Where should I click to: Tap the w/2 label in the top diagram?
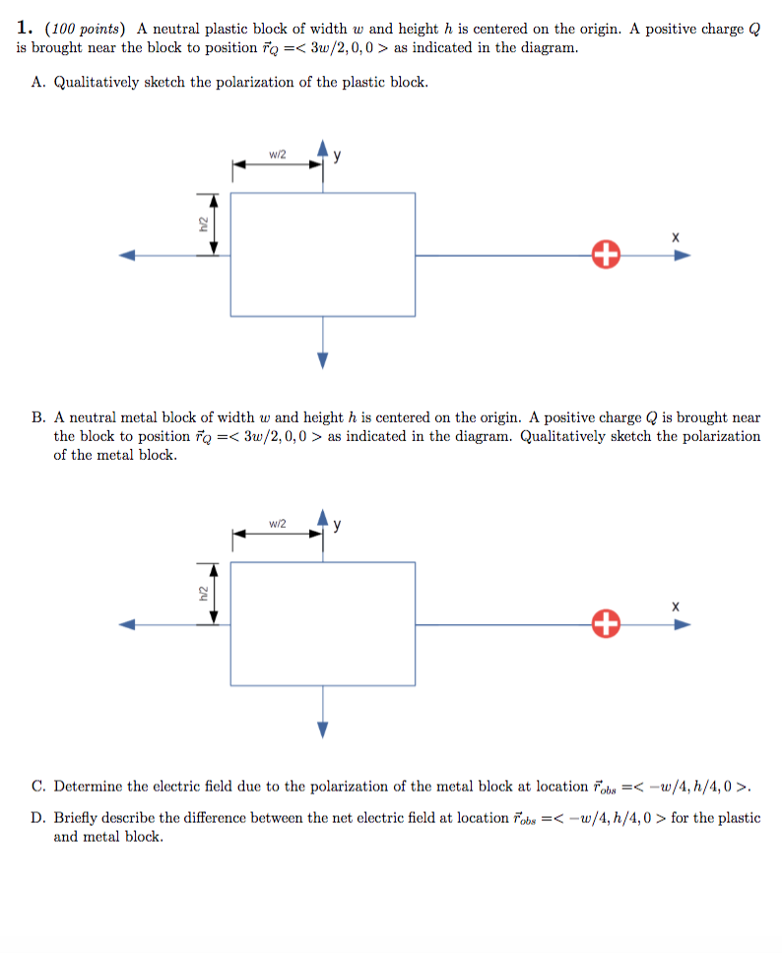click(277, 154)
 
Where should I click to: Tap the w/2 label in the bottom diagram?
click(277, 523)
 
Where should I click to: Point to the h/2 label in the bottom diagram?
click(202, 594)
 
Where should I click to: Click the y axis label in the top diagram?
click(338, 155)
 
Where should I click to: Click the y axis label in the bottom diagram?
click(338, 524)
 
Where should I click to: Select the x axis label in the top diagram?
click(675, 237)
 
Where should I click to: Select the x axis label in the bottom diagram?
click(675, 606)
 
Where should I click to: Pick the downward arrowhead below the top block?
click(322, 360)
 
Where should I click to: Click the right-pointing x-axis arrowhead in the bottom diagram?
click(682, 624)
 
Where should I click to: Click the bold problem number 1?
click(25, 29)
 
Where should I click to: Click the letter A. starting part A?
click(39, 83)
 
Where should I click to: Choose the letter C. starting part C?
click(39, 787)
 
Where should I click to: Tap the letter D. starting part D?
click(39, 818)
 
